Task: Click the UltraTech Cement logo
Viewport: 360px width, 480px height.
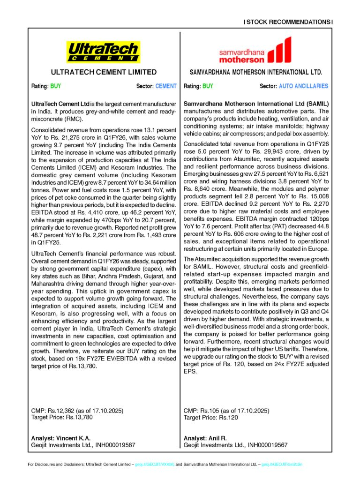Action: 104,52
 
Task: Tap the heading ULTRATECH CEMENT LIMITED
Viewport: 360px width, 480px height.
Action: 104,72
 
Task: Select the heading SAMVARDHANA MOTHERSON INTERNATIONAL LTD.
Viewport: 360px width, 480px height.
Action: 256,73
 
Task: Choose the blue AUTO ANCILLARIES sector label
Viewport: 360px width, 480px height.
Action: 303,86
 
